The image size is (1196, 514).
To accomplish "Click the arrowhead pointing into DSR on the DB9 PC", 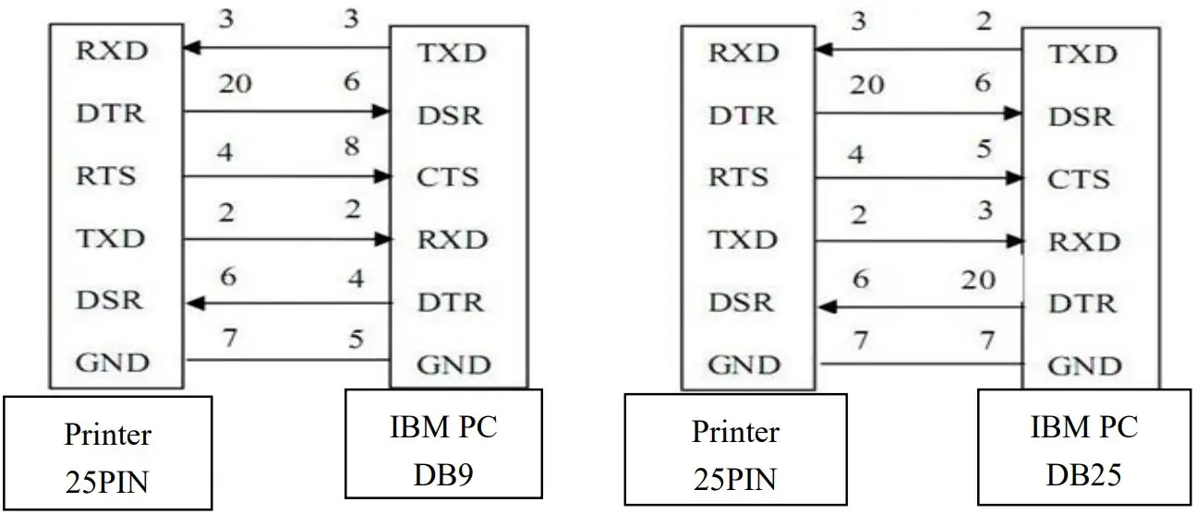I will point(381,113).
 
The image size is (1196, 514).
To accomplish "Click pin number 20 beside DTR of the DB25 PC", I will point(977,278).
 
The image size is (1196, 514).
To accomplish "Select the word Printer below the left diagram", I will point(107,433).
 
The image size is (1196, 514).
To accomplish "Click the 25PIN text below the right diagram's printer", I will point(735,479).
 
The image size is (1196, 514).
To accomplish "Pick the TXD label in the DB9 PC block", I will point(452,52).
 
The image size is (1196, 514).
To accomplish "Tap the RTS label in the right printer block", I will point(739,177).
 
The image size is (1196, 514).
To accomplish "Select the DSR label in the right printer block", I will point(739,303).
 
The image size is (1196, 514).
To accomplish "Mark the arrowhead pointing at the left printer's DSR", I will point(193,302).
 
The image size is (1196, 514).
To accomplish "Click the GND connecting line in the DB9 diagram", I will point(286,361).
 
